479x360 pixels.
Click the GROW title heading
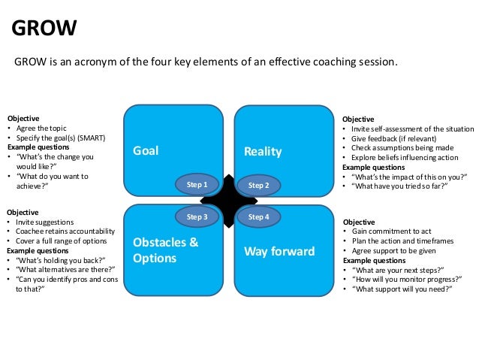46,29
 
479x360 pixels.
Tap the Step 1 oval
197,184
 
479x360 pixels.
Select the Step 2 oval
258,184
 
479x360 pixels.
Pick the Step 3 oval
197,216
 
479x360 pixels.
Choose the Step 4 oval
258,216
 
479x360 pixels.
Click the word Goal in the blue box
146,151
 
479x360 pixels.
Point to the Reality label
263,152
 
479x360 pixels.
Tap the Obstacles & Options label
165,250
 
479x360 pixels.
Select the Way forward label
279,251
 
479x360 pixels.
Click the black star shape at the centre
227,200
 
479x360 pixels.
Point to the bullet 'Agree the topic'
42,129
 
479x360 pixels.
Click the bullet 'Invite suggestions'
44,222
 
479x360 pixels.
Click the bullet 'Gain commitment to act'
390,231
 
